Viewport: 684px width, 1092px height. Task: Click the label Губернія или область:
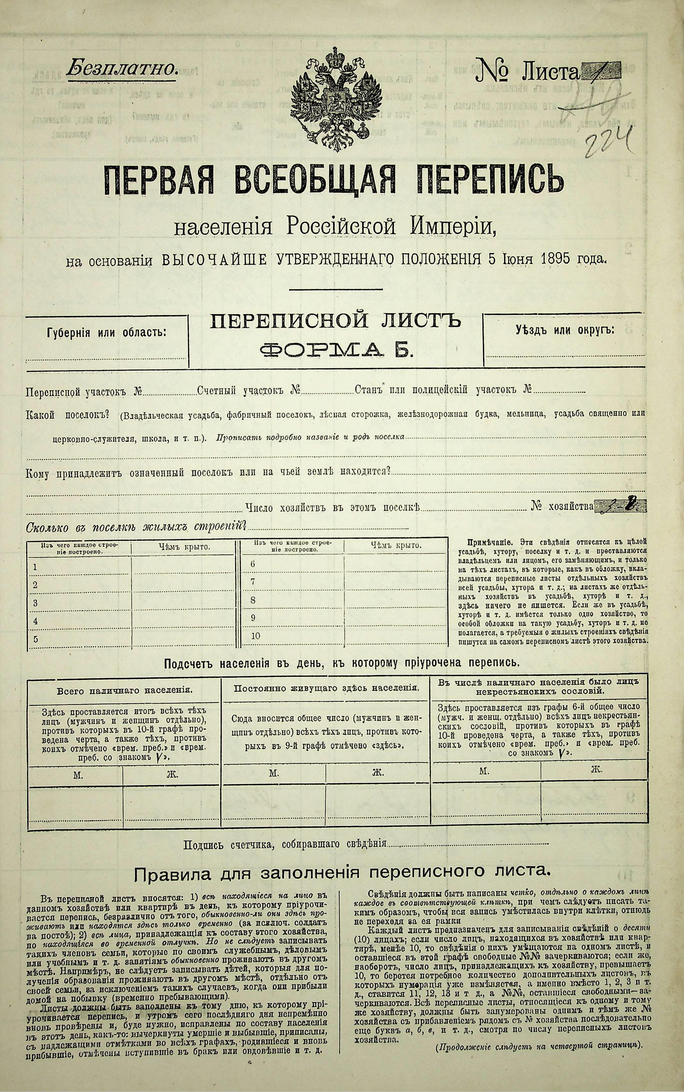tap(107, 333)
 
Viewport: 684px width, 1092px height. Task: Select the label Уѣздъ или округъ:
tap(565, 330)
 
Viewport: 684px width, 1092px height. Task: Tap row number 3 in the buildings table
tap(35, 603)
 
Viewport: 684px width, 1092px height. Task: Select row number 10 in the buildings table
tap(255, 635)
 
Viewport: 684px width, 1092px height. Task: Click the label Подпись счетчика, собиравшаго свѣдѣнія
tap(285, 844)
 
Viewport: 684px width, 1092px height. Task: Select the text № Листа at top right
tap(527, 71)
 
